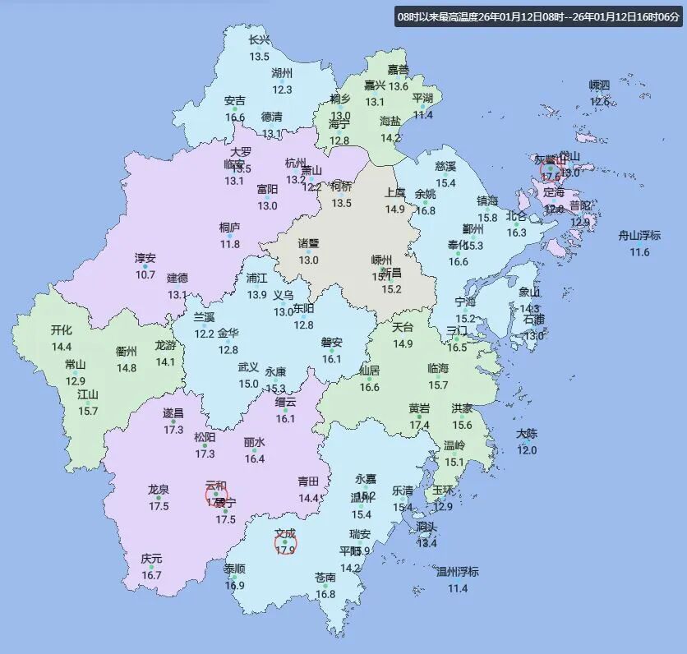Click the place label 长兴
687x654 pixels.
tap(259, 40)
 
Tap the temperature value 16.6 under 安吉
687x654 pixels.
tap(234, 117)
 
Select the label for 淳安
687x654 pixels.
tap(145, 258)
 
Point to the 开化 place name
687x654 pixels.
tap(62, 330)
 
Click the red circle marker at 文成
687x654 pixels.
tap(285, 543)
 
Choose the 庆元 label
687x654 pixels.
tap(151, 559)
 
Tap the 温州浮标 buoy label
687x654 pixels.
tap(457, 572)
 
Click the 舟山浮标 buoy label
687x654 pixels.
tap(639, 236)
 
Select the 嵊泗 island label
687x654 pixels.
tap(600, 85)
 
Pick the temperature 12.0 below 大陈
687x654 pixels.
tap(527, 450)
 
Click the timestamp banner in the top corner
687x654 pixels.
tap(538, 17)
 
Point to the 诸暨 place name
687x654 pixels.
tap(308, 243)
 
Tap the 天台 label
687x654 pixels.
tap(403, 327)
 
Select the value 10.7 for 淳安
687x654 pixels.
tap(145, 274)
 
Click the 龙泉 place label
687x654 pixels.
tap(159, 490)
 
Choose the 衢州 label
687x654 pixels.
tap(127, 351)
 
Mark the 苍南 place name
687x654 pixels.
tap(325, 578)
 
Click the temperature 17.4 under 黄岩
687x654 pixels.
tap(419, 425)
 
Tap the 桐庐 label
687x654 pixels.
tap(230, 228)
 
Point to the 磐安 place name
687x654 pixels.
tap(332, 343)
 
